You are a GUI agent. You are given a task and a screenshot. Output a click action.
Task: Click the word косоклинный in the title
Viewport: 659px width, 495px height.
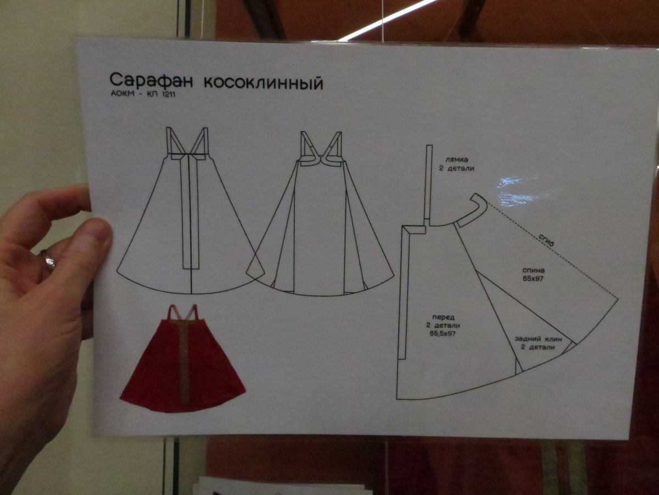tap(264, 82)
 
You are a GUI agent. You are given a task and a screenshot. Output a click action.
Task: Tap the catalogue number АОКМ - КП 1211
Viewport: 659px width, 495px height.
tap(143, 95)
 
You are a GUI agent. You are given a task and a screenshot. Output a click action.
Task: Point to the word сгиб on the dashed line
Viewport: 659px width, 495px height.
tap(546, 241)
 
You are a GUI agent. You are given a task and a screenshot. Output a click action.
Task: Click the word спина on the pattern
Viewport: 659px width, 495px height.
tap(533, 270)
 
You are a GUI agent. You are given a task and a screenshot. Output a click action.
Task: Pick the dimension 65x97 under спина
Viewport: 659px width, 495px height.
tap(533, 279)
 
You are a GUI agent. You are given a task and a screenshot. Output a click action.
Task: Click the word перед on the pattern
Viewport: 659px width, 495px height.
tap(443, 317)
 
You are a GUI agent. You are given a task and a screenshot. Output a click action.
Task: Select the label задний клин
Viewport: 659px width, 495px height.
tap(538, 339)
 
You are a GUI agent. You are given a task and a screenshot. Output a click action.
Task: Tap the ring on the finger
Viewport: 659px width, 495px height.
tap(48, 259)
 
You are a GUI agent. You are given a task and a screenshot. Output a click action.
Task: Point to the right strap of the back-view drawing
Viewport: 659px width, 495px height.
tap(334, 147)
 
